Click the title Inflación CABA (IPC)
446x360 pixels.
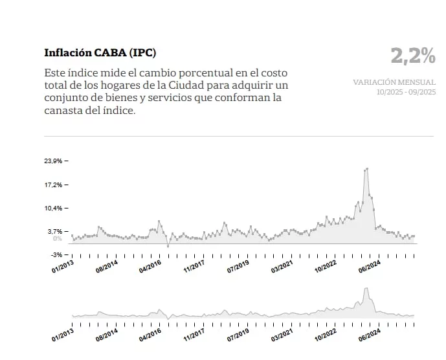[x=100, y=52]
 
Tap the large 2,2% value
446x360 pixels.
[x=413, y=56]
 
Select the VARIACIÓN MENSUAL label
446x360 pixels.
[x=394, y=82]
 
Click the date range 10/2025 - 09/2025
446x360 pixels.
[x=406, y=92]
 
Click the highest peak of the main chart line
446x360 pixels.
[x=367, y=168]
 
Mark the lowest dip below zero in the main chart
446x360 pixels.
[x=168, y=246]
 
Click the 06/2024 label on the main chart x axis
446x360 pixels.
[x=369, y=265]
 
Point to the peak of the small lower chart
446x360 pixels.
[x=366, y=289]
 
